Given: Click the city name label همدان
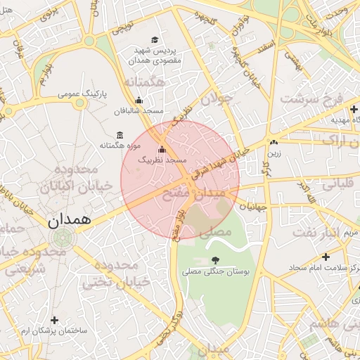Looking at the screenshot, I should coord(70,219).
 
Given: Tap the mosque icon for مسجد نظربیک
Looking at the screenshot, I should coord(162,149).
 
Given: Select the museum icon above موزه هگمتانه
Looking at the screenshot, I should coord(119,134).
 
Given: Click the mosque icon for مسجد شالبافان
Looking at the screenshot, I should coord(139,100).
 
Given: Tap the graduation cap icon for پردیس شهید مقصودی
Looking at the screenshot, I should coord(154,40).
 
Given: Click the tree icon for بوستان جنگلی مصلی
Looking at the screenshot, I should coord(214,261).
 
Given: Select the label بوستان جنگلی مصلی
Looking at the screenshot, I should coord(214,271).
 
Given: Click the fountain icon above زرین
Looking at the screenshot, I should coord(274,143).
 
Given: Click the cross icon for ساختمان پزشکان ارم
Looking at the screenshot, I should coord(53,320).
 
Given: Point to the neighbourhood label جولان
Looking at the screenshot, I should coord(216,100).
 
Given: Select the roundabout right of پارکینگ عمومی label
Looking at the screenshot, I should coord(80,104).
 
